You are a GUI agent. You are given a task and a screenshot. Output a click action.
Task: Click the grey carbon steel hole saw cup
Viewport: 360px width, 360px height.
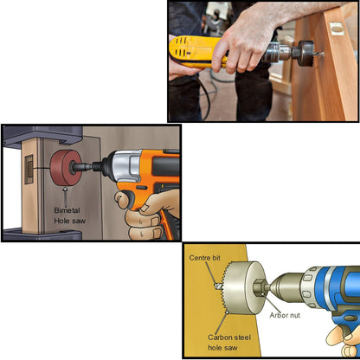pyautogui.click(x=243, y=285)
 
